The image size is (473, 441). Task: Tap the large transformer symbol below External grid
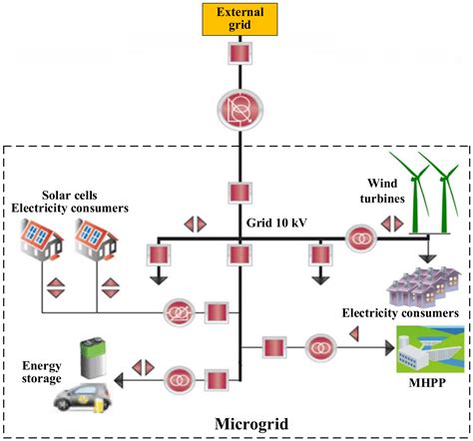pyautogui.click(x=238, y=106)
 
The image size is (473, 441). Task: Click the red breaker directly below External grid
pyautogui.click(x=238, y=55)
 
